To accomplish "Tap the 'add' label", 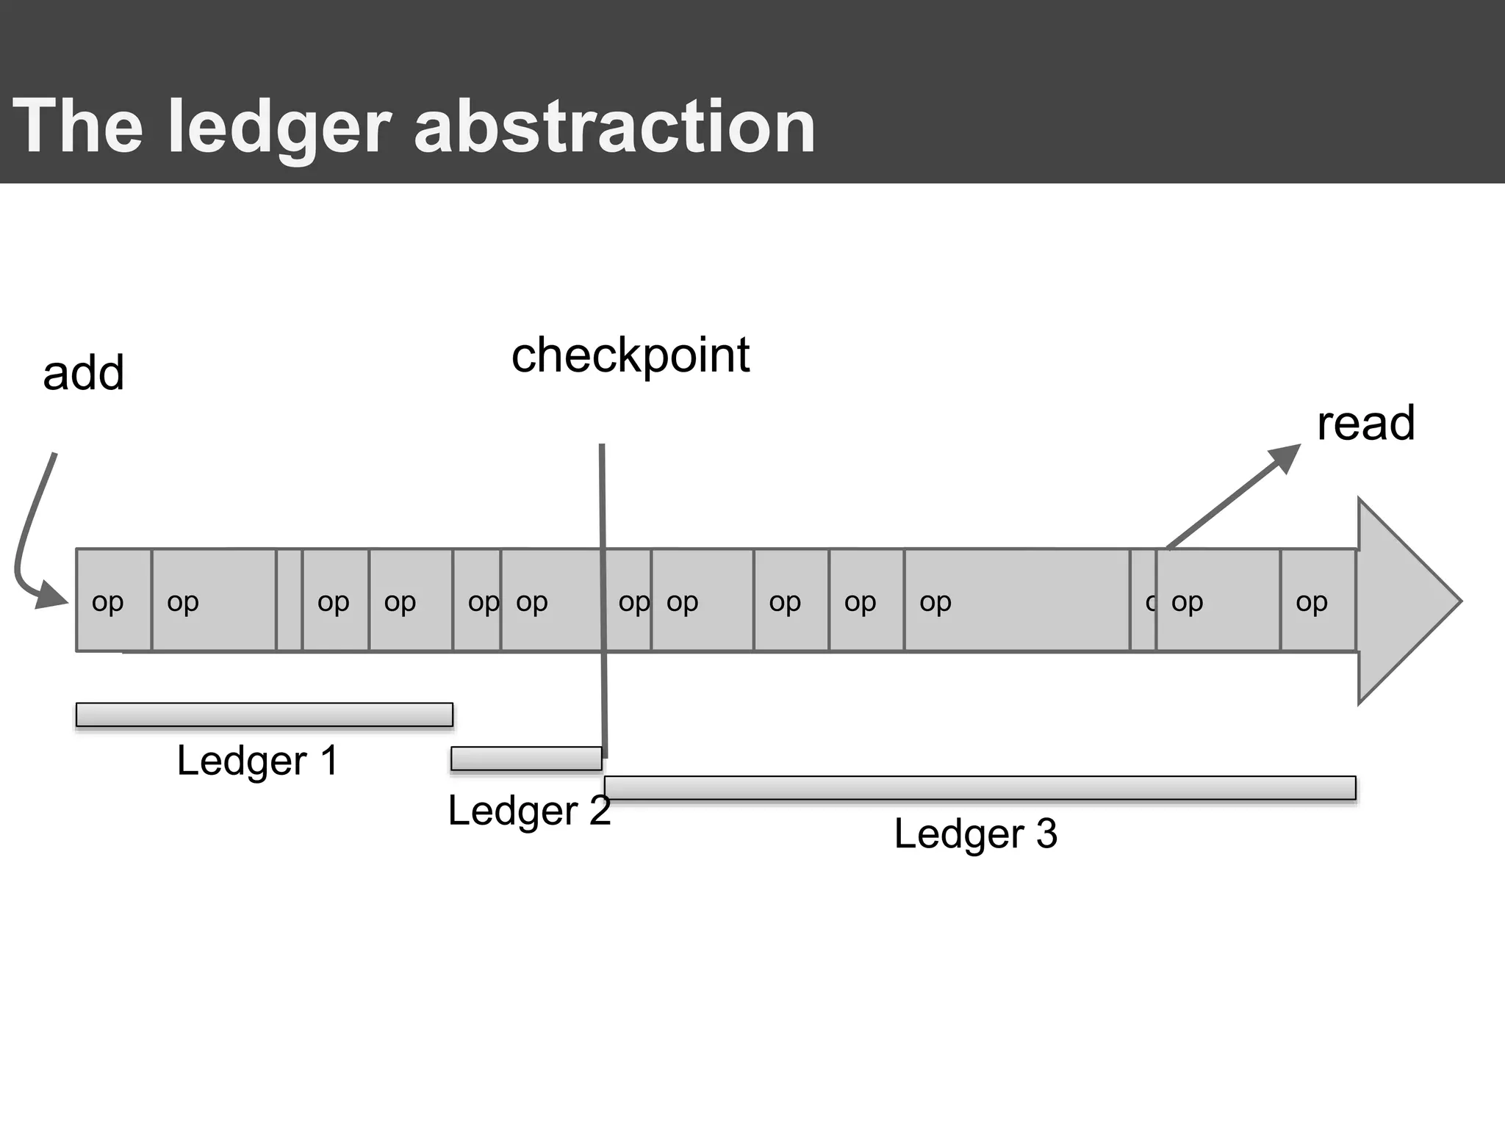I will click(x=83, y=373).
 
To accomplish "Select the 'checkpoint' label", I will click(x=630, y=356).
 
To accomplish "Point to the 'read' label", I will click(x=1365, y=424).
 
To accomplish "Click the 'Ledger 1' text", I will click(x=257, y=761).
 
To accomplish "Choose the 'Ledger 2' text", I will click(x=529, y=811).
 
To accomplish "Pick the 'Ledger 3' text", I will click(x=975, y=834).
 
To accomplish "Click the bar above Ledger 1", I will click(x=264, y=715).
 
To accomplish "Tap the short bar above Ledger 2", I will click(x=526, y=759).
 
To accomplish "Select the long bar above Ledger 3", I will click(x=980, y=788).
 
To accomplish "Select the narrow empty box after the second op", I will click(x=289, y=601).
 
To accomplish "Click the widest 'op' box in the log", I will click(x=1016, y=601).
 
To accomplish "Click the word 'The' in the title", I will click(x=78, y=127).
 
